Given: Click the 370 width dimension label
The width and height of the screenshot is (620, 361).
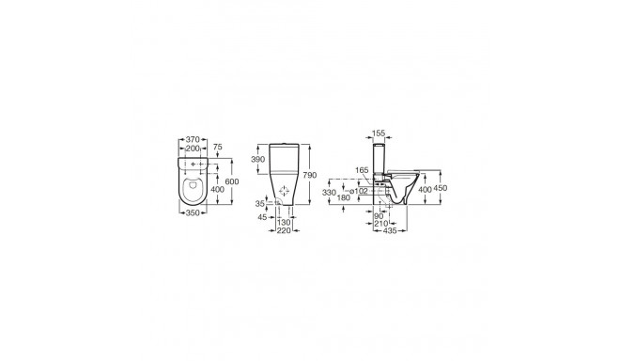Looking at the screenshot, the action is click(193, 139).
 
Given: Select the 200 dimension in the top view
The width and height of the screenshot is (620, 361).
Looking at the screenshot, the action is click(193, 149).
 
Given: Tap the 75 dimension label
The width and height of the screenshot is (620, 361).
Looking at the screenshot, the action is click(218, 147).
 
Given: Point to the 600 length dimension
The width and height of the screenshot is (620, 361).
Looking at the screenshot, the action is click(232, 181).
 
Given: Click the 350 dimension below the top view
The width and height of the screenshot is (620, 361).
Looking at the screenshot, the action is click(193, 213).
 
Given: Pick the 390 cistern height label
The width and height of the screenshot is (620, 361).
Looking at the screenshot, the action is click(257, 159).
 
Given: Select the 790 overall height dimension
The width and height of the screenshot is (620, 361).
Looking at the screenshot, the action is click(310, 175).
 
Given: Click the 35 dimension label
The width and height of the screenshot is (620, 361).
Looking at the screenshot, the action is click(260, 203).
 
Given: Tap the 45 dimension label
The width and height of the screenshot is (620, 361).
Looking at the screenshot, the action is click(262, 217).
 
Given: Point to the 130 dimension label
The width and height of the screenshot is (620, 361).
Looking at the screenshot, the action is click(285, 223).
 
